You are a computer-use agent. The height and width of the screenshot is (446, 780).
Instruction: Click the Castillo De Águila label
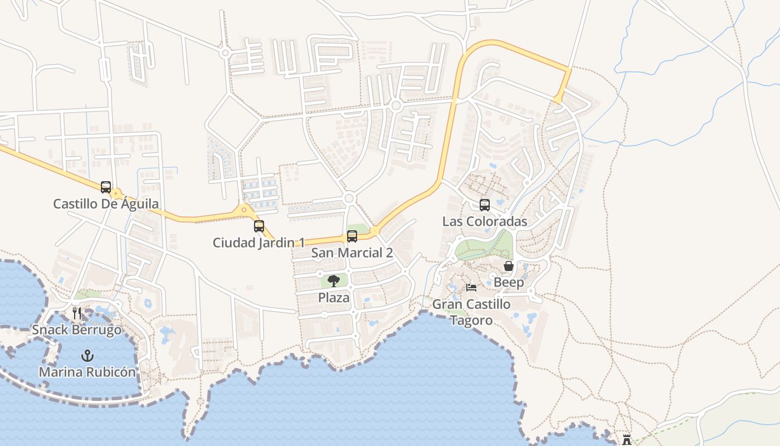106,204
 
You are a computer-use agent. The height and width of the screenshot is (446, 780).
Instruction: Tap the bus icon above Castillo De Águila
106,187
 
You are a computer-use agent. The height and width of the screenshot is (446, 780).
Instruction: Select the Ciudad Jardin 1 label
259,243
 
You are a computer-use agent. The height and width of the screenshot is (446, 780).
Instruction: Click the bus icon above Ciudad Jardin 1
259,226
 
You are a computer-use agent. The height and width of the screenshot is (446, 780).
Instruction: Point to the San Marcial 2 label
352,253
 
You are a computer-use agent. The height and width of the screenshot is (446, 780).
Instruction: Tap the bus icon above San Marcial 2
352,236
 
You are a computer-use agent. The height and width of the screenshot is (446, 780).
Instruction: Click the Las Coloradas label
485,221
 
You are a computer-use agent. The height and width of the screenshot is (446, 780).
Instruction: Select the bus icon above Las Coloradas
485,205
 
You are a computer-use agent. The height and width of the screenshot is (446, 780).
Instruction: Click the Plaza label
334,298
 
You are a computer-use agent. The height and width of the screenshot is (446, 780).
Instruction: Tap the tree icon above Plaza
334,281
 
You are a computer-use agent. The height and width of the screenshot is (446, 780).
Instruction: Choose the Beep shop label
509,283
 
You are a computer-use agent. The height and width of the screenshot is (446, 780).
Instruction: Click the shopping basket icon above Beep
509,266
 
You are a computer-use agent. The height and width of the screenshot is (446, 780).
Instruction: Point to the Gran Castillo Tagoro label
471,312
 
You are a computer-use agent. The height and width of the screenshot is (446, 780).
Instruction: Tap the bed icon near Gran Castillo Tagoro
471,288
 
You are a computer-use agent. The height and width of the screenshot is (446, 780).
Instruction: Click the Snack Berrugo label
76,329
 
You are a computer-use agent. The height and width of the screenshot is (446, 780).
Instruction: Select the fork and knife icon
77,313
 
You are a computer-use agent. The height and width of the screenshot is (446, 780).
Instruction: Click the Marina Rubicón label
87,372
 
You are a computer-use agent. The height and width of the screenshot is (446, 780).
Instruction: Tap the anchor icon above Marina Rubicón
87,356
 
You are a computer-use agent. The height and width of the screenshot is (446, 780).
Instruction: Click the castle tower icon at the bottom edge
627,440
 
